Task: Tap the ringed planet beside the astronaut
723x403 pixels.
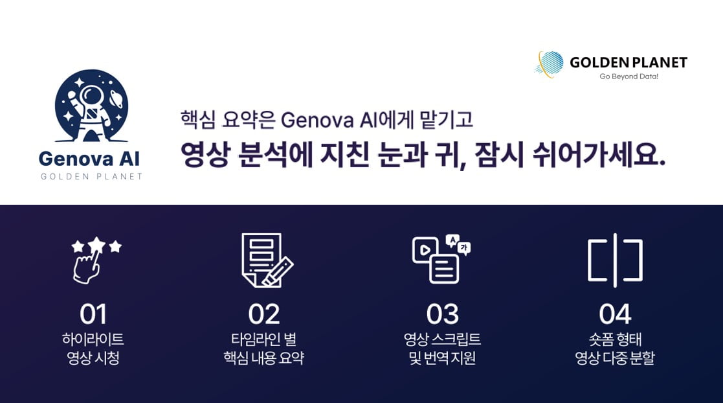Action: (117, 99)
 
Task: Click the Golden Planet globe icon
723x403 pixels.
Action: (550, 63)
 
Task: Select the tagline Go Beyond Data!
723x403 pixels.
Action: (628, 76)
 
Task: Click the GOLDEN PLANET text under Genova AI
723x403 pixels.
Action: (91, 176)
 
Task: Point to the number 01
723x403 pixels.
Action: (93, 314)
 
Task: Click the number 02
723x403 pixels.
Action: (263, 314)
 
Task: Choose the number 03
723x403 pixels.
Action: (442, 314)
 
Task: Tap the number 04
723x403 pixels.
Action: (615, 314)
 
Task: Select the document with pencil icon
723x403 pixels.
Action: (267, 260)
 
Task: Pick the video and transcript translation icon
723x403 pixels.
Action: (441, 259)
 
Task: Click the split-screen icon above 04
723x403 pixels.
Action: (615, 260)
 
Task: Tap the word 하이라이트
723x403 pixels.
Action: (93, 340)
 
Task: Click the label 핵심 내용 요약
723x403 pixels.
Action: (263, 358)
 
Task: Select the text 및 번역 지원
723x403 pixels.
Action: (442, 358)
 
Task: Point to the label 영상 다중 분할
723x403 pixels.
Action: (615, 358)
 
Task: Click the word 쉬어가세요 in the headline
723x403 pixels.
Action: (599, 155)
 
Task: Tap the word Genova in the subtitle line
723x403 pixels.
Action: (317, 120)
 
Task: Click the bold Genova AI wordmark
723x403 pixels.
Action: (89, 159)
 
